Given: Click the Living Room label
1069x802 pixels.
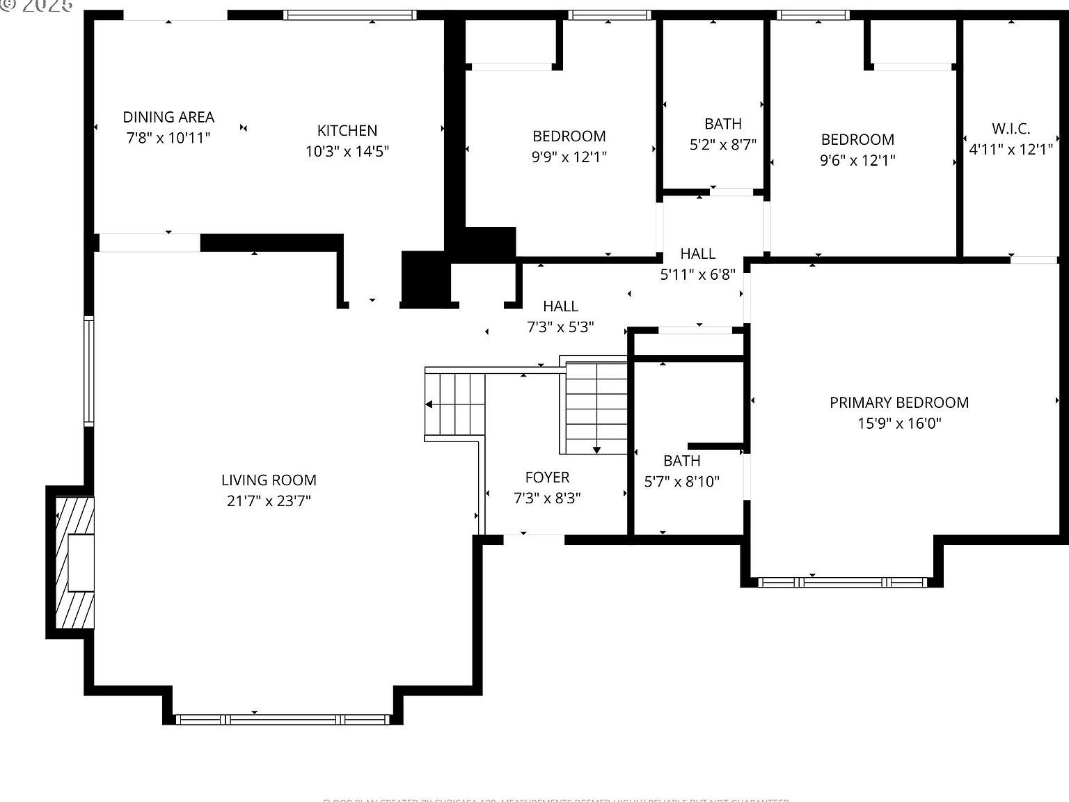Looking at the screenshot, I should coord(269,480).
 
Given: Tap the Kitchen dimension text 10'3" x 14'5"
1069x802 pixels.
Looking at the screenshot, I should coord(347,151).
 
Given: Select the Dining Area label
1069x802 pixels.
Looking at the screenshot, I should coord(168,117).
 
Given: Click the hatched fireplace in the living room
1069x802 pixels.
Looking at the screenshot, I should coord(74,562).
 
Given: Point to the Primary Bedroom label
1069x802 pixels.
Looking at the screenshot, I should coord(898,402).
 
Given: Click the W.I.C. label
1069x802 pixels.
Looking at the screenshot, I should coord(1011,128).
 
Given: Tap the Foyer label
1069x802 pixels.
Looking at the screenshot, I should coord(547,477).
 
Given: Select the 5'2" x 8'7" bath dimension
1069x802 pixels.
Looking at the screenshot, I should coord(722,144).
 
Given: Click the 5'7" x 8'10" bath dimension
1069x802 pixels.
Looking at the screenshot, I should coord(681,481).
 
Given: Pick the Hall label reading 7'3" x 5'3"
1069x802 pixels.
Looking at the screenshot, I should coord(560,306).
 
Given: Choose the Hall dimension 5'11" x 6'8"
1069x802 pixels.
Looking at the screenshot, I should coord(697,274).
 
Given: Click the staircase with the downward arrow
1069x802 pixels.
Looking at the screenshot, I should coord(596,407).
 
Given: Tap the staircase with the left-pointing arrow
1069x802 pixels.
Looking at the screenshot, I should coord(454,404).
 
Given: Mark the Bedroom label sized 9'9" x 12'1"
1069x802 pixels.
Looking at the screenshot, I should coord(569,136).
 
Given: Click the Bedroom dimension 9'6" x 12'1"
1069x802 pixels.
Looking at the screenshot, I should coord(857,159).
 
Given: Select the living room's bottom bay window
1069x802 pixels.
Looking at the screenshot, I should coord(283,719).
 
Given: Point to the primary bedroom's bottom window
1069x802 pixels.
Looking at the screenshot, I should coord(842,582).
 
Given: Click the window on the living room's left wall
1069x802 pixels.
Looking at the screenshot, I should coord(89,370).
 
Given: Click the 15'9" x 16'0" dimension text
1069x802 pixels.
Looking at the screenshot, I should coord(898,423).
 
